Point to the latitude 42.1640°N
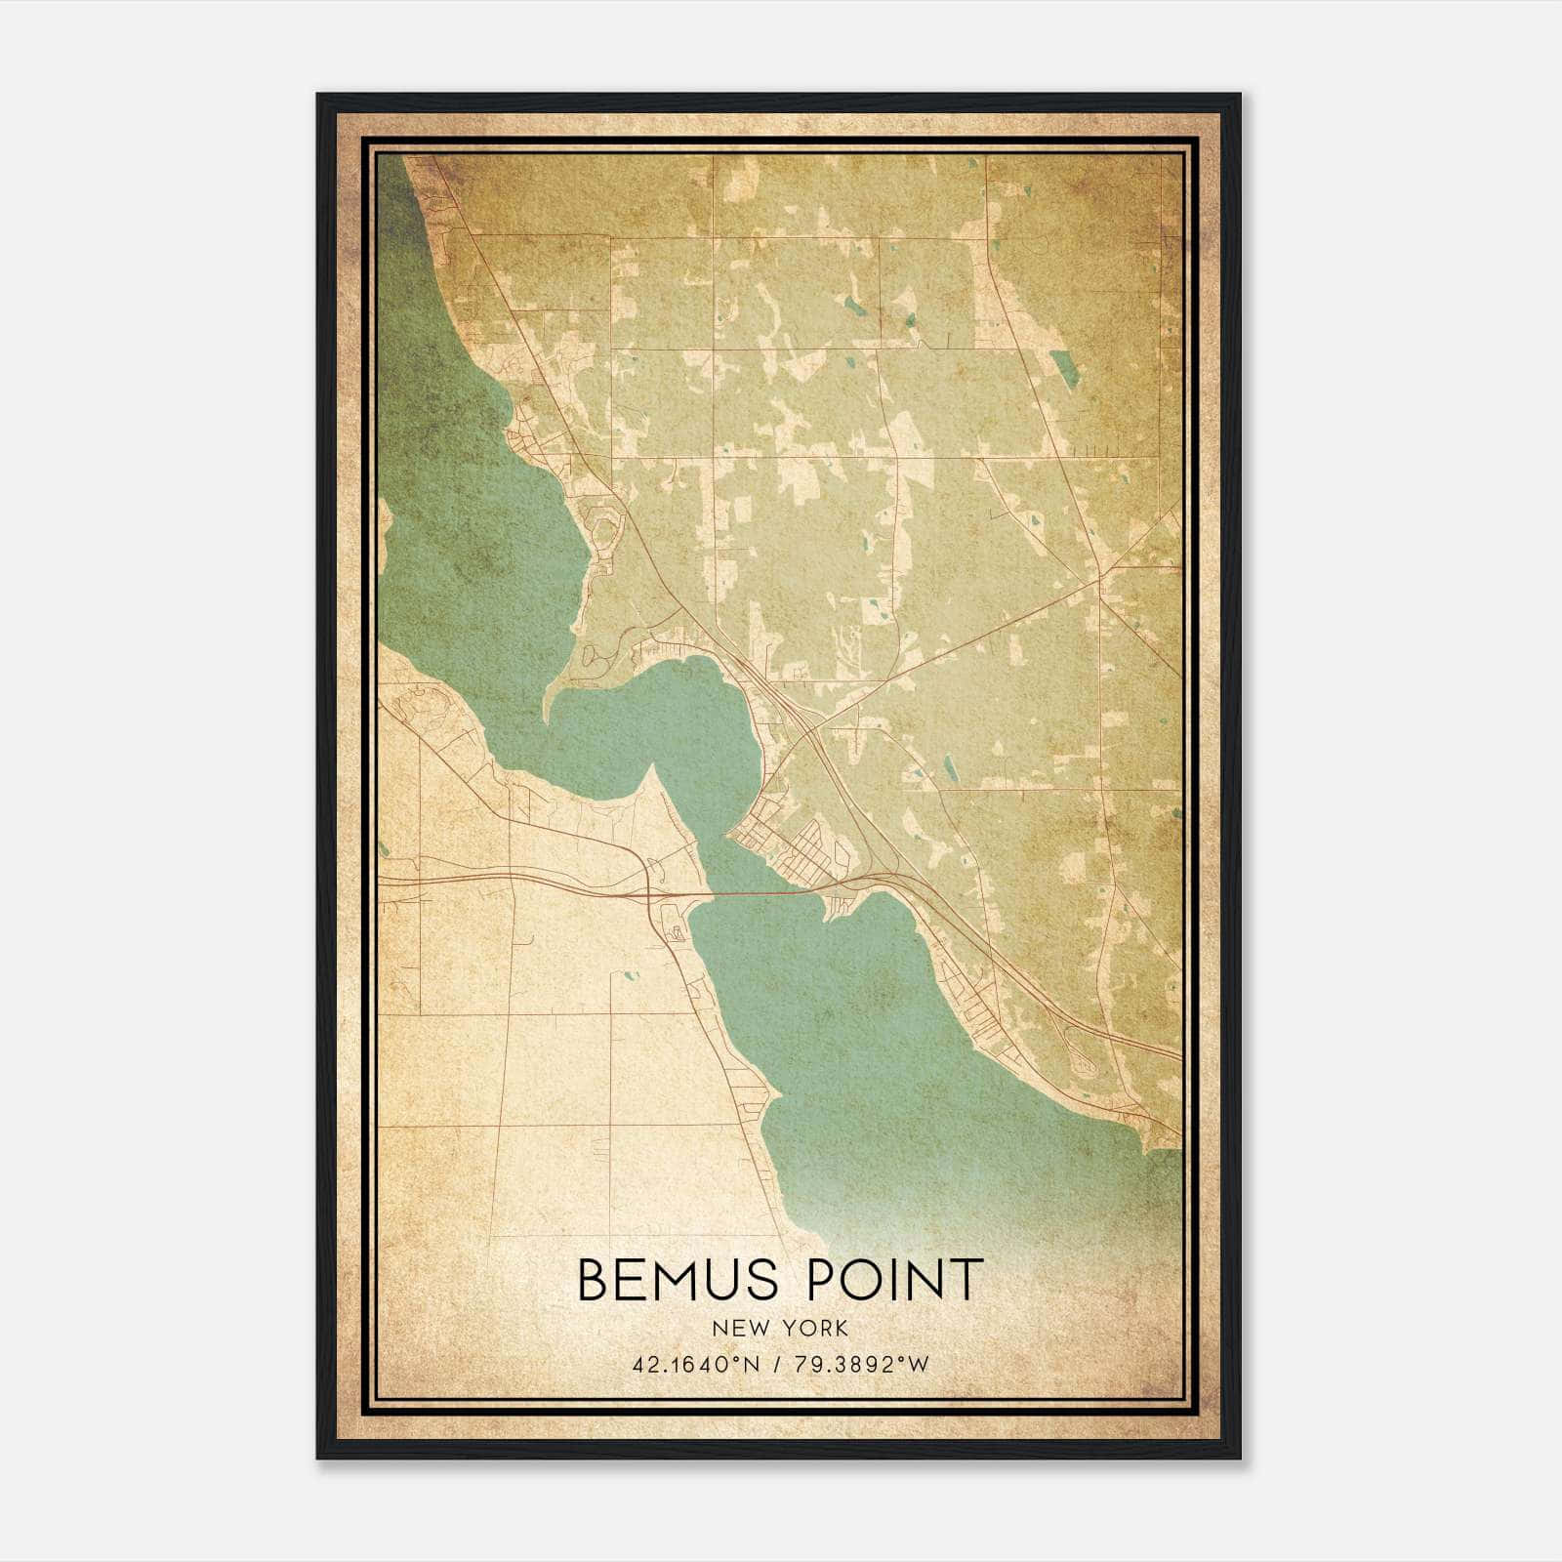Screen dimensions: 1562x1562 click(695, 1365)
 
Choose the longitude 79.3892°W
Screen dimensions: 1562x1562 click(858, 1365)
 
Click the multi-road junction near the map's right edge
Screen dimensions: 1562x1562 click(1099, 577)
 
